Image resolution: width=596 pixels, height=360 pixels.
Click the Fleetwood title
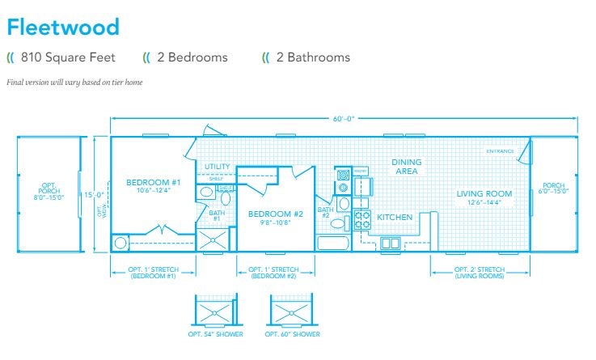(63, 27)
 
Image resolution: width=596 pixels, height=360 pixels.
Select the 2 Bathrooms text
(313, 57)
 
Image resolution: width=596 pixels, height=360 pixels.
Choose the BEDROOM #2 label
(275, 217)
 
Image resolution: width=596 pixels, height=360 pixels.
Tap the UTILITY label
(217, 167)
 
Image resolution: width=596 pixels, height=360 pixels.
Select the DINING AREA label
(406, 167)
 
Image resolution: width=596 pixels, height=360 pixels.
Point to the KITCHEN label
(395, 217)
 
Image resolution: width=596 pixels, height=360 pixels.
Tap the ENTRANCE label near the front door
(500, 151)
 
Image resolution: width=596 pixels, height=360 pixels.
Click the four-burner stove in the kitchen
(362, 219)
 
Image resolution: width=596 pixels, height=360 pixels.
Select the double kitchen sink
(390, 243)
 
